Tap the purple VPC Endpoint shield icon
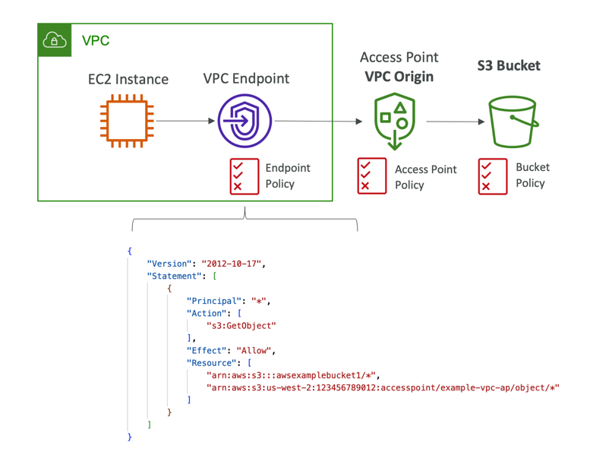245,121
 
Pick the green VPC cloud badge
55,40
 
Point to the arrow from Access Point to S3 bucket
456,122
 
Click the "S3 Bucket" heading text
508,65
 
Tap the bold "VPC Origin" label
399,77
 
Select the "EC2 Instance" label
128,79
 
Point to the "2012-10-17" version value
233,264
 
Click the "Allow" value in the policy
255,351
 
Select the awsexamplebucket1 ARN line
292,375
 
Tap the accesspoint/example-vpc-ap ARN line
383,388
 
